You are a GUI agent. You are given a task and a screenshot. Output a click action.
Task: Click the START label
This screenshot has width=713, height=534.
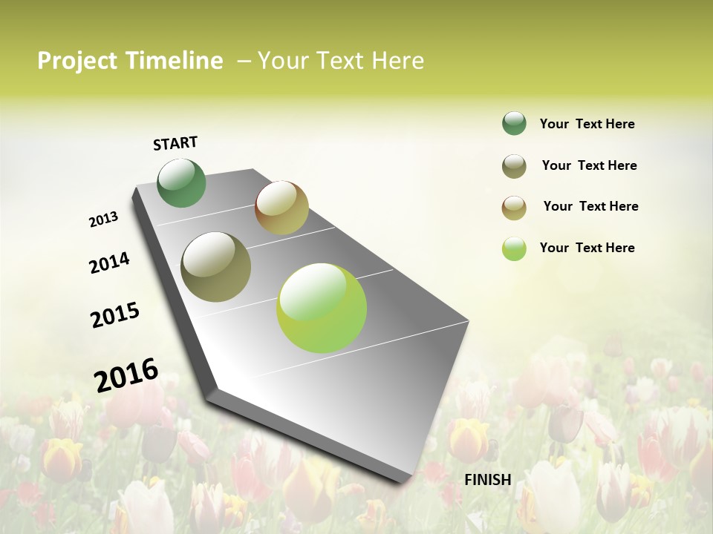[175, 143]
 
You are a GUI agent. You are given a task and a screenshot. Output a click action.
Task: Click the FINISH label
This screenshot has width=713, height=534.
[487, 480]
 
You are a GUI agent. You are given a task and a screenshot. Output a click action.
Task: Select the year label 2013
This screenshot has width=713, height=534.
[103, 220]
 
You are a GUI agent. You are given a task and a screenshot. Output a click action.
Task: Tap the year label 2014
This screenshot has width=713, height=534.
[109, 263]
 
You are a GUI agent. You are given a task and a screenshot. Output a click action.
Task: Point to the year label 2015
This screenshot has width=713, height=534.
[115, 315]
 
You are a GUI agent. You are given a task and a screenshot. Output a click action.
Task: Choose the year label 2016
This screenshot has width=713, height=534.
[126, 375]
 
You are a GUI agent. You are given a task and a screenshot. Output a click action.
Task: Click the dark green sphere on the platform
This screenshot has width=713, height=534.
[182, 182]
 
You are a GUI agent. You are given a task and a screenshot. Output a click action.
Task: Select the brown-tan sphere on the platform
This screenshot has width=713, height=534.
[281, 208]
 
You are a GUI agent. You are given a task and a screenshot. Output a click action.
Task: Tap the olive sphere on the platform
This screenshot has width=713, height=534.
[216, 267]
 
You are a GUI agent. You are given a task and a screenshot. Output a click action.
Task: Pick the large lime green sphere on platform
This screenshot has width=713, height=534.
[322, 308]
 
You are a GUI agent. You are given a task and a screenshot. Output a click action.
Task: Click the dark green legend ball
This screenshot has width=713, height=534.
[514, 123]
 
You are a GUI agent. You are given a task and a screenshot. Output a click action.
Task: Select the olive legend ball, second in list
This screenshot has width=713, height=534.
[514, 166]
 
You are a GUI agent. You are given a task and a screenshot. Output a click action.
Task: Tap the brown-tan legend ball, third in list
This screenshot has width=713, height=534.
[514, 208]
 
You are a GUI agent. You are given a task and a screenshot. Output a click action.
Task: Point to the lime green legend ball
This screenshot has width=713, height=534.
[514, 248]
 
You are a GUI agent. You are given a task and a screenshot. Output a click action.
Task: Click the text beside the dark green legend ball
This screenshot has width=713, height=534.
[587, 124]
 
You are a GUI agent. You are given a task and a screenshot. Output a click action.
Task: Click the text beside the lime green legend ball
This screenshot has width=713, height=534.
[587, 248]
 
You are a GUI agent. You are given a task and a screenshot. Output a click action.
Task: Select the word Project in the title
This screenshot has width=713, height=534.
[76, 61]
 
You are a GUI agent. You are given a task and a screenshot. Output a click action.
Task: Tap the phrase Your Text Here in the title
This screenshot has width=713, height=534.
[341, 61]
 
